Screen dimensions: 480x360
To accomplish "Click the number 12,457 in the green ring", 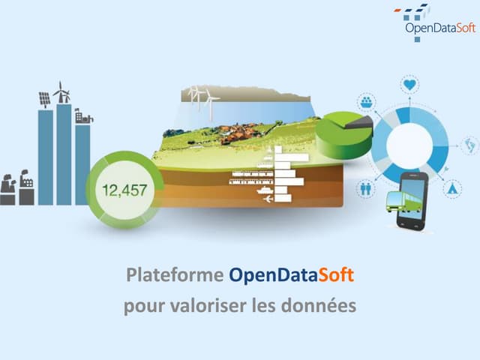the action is tap(124, 190).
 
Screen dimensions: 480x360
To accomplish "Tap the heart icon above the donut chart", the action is tap(409, 84).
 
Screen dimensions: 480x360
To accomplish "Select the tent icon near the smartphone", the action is tap(451, 188).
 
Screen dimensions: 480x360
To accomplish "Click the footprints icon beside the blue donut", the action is tap(469, 145).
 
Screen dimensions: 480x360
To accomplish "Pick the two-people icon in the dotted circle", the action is tap(366, 188).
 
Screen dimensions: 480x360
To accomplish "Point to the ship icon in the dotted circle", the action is tap(367, 101).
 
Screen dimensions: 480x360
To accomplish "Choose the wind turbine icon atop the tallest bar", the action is tap(62, 92).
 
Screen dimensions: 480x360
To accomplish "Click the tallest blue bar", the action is tap(64, 154).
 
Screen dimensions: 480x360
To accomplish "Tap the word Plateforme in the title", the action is tap(175, 275).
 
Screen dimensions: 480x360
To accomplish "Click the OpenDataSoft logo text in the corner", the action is tap(440, 28).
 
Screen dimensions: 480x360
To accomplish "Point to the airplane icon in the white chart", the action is tap(268, 199).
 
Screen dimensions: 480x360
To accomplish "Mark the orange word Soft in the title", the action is tap(336, 274).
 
